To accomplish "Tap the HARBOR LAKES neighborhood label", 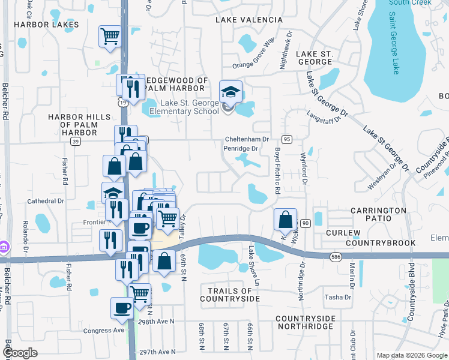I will pyautogui.click(x=46, y=25).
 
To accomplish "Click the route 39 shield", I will pyautogui.click(x=75, y=141).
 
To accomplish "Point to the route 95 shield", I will pyautogui.click(x=287, y=139).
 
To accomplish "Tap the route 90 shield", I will pyautogui.click(x=305, y=223).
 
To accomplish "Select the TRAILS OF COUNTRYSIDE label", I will pyautogui.click(x=230, y=294).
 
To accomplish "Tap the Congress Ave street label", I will pyautogui.click(x=104, y=330).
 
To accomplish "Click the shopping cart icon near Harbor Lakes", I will pyautogui.click(x=110, y=36).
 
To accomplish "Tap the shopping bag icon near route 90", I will pyautogui.click(x=286, y=220).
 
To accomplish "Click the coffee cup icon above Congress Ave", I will pyautogui.click(x=122, y=308).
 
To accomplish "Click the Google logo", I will pyautogui.click(x=20, y=353).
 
